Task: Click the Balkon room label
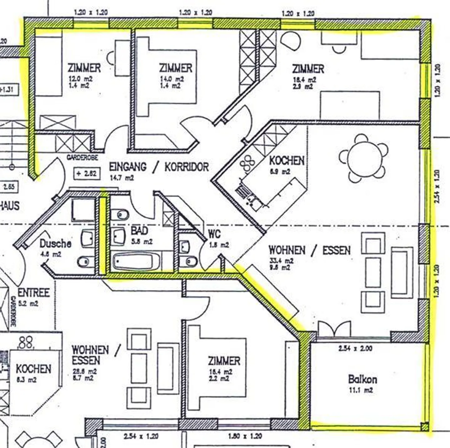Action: (x=362, y=380)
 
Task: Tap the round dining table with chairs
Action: (x=364, y=158)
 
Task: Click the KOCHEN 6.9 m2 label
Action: (x=287, y=161)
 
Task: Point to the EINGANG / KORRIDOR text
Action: (x=159, y=167)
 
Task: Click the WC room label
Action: (x=214, y=234)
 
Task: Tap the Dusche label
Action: (x=55, y=244)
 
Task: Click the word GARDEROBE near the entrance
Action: (x=82, y=158)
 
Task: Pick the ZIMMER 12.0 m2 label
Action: (x=84, y=68)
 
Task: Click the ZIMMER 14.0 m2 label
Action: (x=176, y=68)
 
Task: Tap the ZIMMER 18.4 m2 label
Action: (x=308, y=69)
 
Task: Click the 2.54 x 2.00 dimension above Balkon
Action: (x=355, y=348)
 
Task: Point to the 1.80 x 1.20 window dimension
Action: (x=245, y=436)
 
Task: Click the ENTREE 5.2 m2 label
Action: (x=34, y=293)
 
